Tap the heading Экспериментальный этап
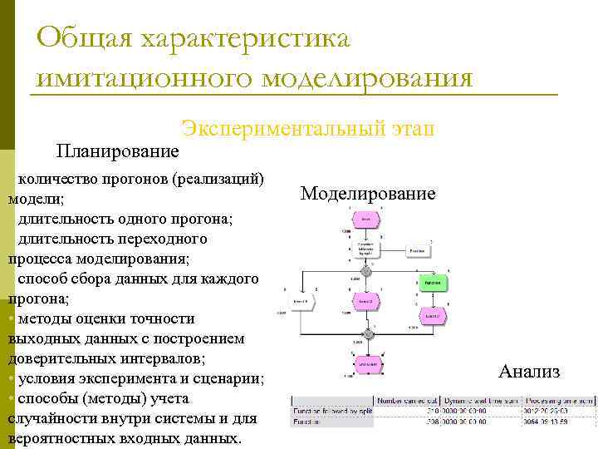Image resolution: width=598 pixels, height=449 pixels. pyautogui.click(x=308, y=128)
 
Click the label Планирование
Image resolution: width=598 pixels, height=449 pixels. pyautogui.click(x=117, y=150)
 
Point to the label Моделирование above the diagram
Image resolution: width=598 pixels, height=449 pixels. pyautogui.click(x=367, y=194)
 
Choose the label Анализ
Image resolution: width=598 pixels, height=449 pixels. pyautogui.click(x=529, y=372)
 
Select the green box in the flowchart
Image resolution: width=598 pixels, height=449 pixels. pyautogui.click(x=432, y=283)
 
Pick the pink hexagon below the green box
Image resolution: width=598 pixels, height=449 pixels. pyautogui.click(x=431, y=315)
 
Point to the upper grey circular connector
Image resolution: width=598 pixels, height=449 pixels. pyautogui.click(x=365, y=272)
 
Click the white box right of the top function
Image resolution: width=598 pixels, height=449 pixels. pyautogui.click(x=418, y=250)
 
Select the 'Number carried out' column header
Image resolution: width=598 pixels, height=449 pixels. pyautogui.click(x=407, y=401)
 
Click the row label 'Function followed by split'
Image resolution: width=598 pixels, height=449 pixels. pyautogui.click(x=332, y=411)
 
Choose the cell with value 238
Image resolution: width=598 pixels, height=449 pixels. pyautogui.click(x=429, y=422)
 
